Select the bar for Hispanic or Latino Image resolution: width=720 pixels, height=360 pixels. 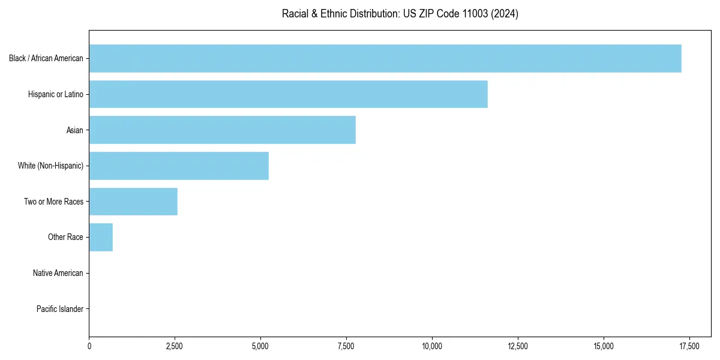pyautogui.click(x=288, y=94)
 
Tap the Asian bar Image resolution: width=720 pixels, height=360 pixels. pyautogui.click(x=222, y=130)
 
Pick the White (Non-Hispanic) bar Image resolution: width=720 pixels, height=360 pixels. pyautogui.click(x=179, y=166)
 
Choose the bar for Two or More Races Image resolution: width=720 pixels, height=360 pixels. pyautogui.click(x=133, y=202)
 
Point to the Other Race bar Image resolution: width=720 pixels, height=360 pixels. pyautogui.click(x=101, y=237)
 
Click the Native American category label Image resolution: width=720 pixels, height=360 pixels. pyautogui.click(x=58, y=273)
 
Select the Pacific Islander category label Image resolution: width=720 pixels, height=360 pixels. pyautogui.click(x=60, y=309)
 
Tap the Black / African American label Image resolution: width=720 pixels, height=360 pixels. pyautogui.click(x=46, y=58)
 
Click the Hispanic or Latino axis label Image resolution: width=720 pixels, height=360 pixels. pyautogui.click(x=56, y=94)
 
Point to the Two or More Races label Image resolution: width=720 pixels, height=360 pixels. pyautogui.click(x=54, y=202)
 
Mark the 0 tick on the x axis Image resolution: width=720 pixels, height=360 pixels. pyautogui.click(x=89, y=346)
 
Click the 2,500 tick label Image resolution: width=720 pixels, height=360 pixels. pyautogui.click(x=175, y=346)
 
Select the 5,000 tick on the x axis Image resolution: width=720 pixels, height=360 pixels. pyautogui.click(x=260, y=346)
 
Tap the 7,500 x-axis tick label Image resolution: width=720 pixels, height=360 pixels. pyautogui.click(x=346, y=346)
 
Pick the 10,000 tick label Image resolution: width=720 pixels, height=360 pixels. pyautogui.click(x=432, y=346)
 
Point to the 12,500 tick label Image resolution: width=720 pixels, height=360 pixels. pyautogui.click(x=517, y=346)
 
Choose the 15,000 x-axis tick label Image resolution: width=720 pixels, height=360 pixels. pyautogui.click(x=603, y=346)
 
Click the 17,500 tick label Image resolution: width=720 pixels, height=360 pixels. pyautogui.click(x=689, y=346)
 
